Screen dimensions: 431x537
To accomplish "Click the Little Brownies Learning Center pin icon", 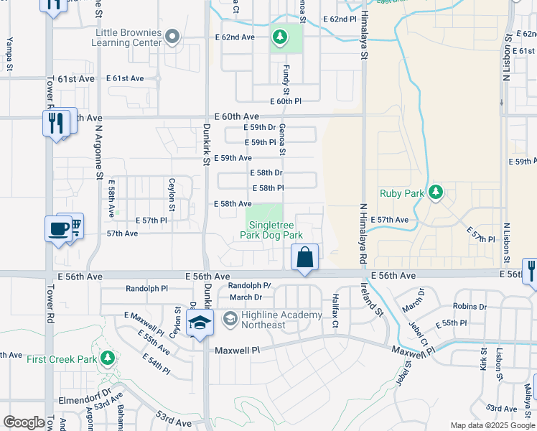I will pyautogui.click(x=172, y=36).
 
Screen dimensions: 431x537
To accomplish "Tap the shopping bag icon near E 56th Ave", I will pyautogui.click(x=304, y=257).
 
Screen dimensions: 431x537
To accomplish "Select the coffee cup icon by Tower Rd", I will pyautogui.click(x=57, y=229).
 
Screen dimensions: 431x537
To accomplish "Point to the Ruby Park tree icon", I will pyautogui.click(x=435, y=193).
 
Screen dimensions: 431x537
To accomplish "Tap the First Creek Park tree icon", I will pyautogui.click(x=107, y=357).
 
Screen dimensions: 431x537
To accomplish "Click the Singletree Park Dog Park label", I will pyautogui.click(x=271, y=230).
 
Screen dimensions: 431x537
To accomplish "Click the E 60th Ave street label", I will pyautogui.click(x=236, y=116).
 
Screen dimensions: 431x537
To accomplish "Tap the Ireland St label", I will pyautogui.click(x=372, y=301).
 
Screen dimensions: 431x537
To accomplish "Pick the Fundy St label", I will pyautogui.click(x=286, y=78).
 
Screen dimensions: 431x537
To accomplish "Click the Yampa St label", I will pyautogui.click(x=10, y=52).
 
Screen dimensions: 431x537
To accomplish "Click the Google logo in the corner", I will pyautogui.click(x=24, y=422).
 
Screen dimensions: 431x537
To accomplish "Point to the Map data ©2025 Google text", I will pyautogui.click(x=492, y=425).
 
